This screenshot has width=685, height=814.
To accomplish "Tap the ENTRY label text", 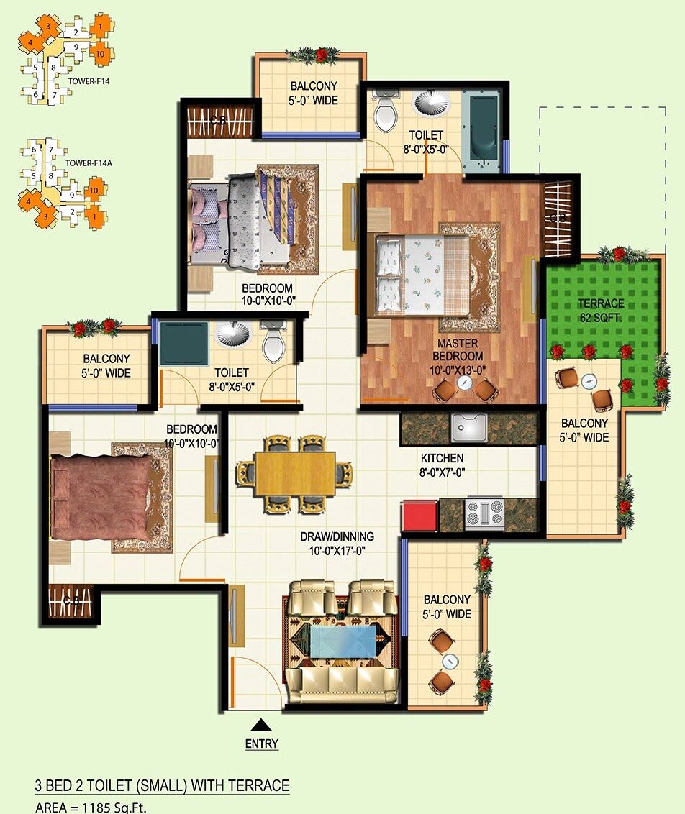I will [x=261, y=744].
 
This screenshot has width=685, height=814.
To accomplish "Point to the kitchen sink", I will [x=471, y=428].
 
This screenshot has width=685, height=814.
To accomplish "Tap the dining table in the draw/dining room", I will [x=295, y=473].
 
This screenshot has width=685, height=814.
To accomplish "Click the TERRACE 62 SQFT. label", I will [x=601, y=311].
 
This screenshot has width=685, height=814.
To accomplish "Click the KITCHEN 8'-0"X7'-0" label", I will [x=443, y=465].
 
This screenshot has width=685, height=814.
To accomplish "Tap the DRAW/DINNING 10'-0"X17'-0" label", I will [x=337, y=544].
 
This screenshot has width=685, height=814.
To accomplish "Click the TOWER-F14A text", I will [x=89, y=163].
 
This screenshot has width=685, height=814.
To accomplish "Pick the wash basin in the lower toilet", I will [x=235, y=336].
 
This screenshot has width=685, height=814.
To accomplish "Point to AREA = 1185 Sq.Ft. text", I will [x=91, y=808].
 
